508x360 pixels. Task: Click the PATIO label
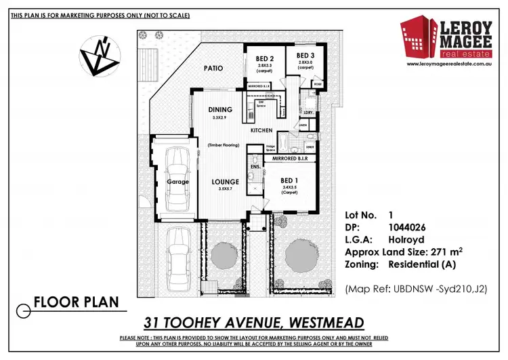click(x=213, y=68)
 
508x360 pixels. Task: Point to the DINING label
click(x=221, y=110)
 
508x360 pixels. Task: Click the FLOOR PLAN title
click(x=77, y=301)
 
